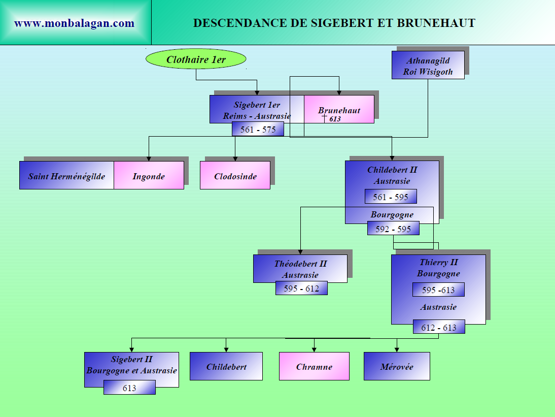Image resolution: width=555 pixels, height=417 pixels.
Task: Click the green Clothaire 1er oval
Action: tap(196, 59)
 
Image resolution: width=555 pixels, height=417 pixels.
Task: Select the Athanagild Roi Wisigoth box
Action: tap(428, 66)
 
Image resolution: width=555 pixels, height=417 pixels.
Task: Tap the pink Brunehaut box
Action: tap(339, 110)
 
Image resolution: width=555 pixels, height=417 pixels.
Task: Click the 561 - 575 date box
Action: tap(258, 130)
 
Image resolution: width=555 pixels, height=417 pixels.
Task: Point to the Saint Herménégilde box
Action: tap(66, 176)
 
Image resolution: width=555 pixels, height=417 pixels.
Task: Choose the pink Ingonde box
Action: tap(149, 176)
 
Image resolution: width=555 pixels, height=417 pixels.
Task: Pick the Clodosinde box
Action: tap(235, 176)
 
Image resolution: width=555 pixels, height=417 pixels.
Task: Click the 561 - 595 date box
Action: tap(391, 197)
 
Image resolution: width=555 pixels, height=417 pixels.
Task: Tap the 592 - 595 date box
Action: tap(393, 229)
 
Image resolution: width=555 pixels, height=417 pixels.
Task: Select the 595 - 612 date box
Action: tap(301, 288)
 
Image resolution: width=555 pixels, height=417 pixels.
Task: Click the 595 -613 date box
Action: tap(438, 290)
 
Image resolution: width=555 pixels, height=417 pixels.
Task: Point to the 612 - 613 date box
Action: tap(439, 328)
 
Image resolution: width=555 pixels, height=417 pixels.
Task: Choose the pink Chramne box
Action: tap(314, 367)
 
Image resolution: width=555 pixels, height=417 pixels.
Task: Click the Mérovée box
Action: tap(397, 367)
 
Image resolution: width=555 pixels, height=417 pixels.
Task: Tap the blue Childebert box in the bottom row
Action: tap(226, 367)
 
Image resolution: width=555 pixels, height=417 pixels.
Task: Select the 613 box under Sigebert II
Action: tap(129, 388)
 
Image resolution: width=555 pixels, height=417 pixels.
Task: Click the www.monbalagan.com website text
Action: tap(74, 23)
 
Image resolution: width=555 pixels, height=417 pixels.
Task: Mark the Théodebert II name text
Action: tap(300, 264)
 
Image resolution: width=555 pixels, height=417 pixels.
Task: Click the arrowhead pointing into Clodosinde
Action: tap(235, 158)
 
